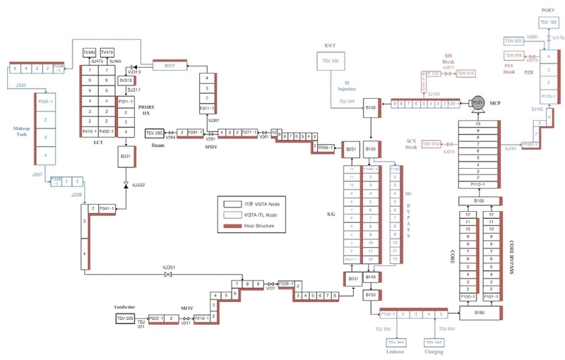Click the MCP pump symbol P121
[477, 103]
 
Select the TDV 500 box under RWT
[331, 61]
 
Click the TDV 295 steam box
[155, 133]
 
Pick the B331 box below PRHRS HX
[126, 155]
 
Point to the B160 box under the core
[480, 311]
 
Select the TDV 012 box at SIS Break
[466, 73]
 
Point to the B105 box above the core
[480, 201]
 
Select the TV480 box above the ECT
[89, 53]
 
